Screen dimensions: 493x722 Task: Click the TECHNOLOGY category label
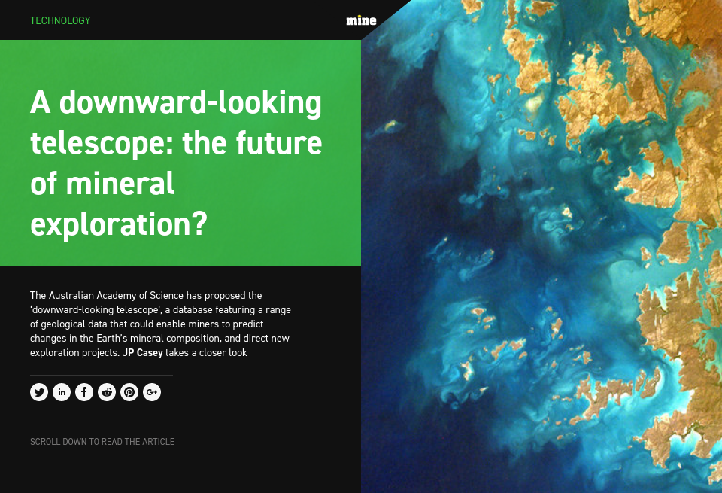(x=60, y=20)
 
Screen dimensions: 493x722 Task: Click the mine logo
(x=361, y=20)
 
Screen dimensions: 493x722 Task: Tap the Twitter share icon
(x=39, y=392)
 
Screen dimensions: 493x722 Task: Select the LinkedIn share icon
(x=62, y=392)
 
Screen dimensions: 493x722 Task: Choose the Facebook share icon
(x=84, y=392)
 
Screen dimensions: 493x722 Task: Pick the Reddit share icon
(x=107, y=392)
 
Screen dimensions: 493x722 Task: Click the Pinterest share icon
(x=129, y=392)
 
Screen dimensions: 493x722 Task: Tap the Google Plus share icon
(x=152, y=392)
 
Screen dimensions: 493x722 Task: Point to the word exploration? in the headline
(x=118, y=224)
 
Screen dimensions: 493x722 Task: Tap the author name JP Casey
(x=143, y=352)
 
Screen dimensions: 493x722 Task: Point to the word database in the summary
(x=199, y=309)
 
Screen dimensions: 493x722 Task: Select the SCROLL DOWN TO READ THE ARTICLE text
(x=102, y=442)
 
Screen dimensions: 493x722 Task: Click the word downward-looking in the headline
(x=190, y=103)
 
